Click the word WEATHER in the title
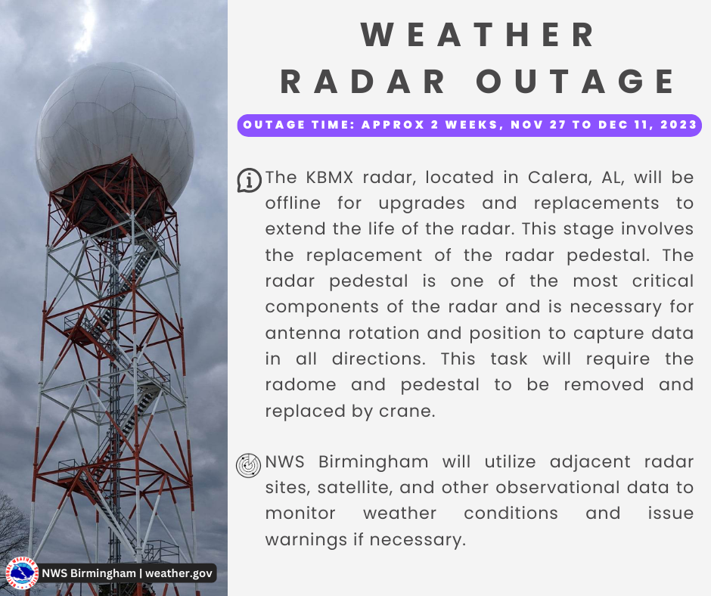point(478,35)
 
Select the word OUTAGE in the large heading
point(576,82)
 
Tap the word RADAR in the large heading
point(363,82)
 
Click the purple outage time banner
point(469,126)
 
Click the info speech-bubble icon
point(249,180)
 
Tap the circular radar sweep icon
point(249,465)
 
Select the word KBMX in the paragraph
point(329,177)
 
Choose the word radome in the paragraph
point(300,385)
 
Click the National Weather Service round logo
point(22,573)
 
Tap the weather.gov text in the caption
point(179,573)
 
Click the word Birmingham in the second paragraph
point(373,462)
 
